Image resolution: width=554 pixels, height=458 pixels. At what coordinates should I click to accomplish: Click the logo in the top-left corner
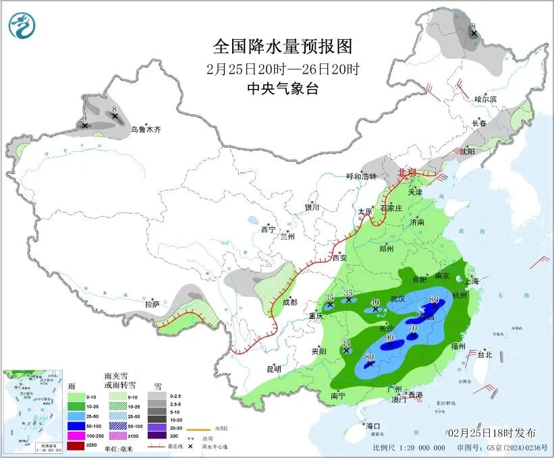[x=22, y=26]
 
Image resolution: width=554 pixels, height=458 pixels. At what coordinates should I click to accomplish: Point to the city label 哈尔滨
[x=485, y=99]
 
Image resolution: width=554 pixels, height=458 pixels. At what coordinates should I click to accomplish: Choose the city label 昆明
[x=273, y=369]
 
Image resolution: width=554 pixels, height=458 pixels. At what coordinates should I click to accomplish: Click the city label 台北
[x=484, y=354]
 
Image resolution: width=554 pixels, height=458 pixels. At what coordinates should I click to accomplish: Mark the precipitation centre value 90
[x=389, y=337]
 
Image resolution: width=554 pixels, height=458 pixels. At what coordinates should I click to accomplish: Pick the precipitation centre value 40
[x=376, y=302]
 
